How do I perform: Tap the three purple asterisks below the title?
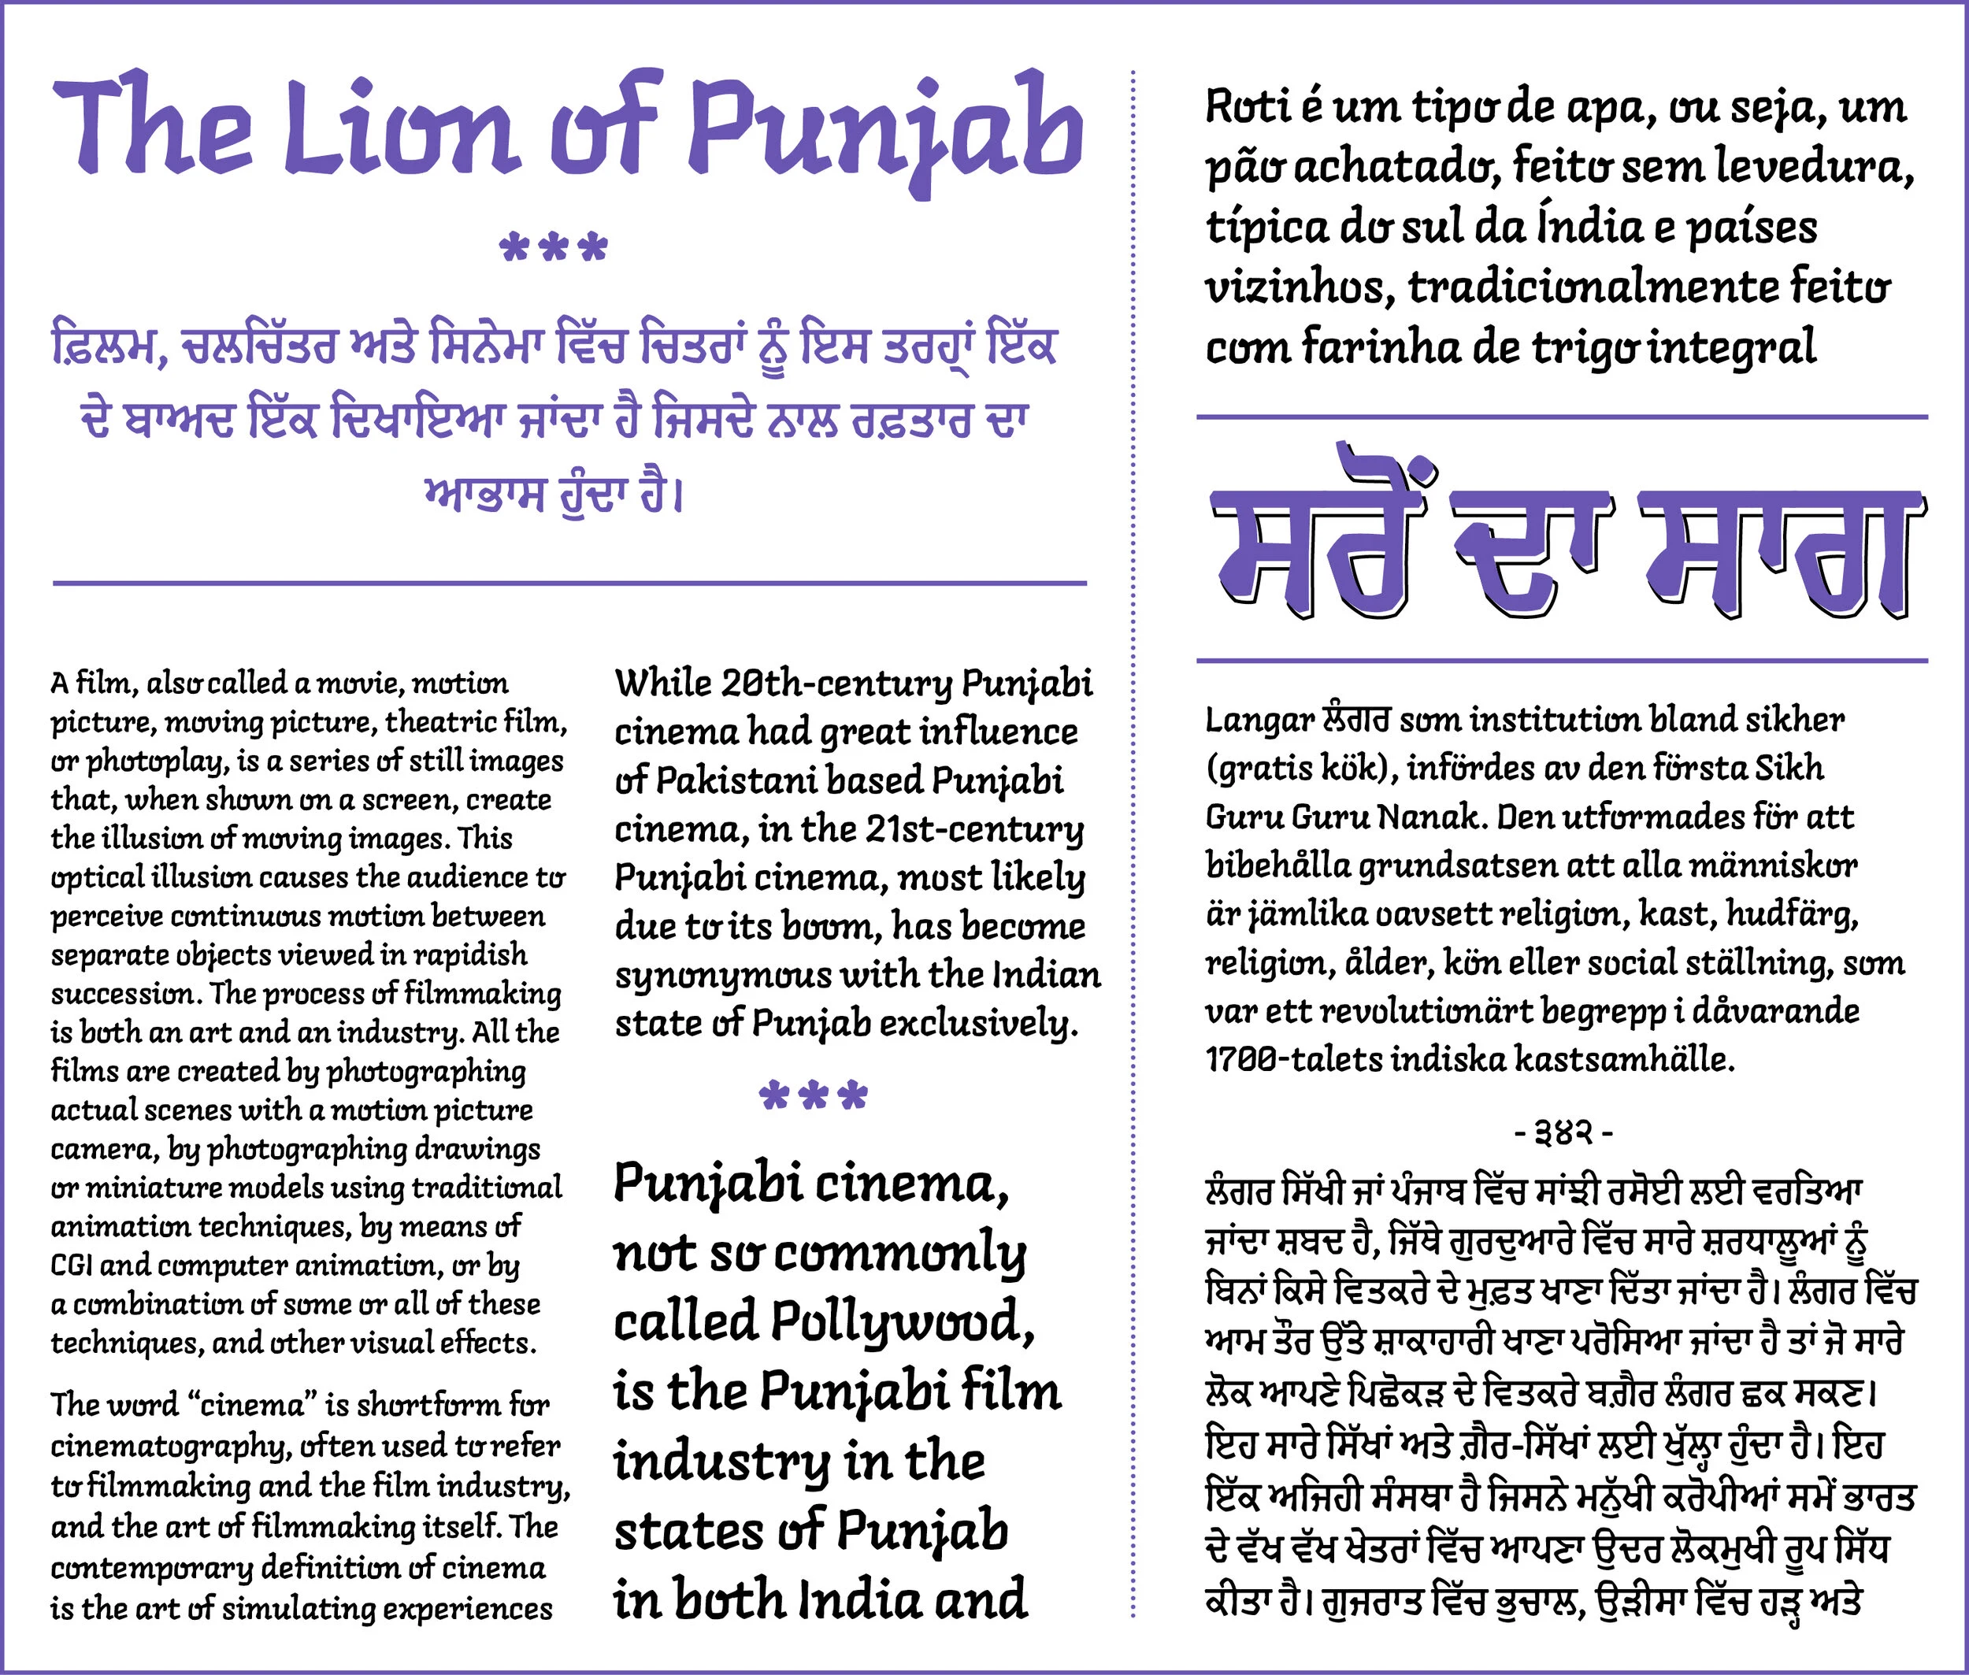pos(553,249)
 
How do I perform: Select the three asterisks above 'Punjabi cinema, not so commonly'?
pos(813,1097)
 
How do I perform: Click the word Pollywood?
pos(901,1321)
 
